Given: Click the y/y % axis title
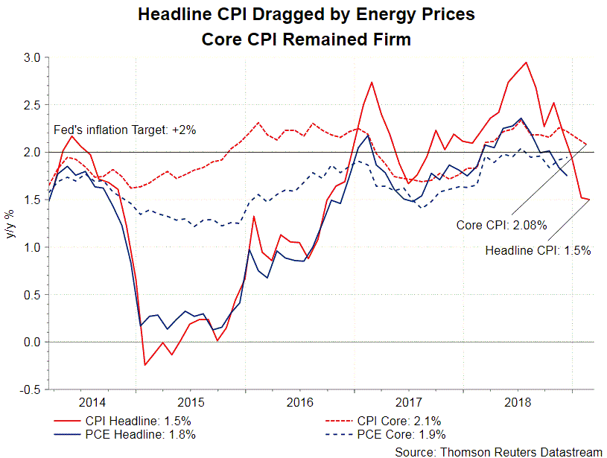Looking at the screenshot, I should click(x=10, y=223).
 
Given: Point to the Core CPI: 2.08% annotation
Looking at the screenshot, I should click(x=502, y=223).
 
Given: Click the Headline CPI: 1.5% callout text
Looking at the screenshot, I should click(x=538, y=251).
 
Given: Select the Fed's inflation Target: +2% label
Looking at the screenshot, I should click(x=126, y=130).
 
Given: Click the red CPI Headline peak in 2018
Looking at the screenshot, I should click(x=527, y=63).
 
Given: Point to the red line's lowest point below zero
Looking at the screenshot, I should click(x=145, y=365).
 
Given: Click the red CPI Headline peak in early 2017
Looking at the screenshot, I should click(x=371, y=82).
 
